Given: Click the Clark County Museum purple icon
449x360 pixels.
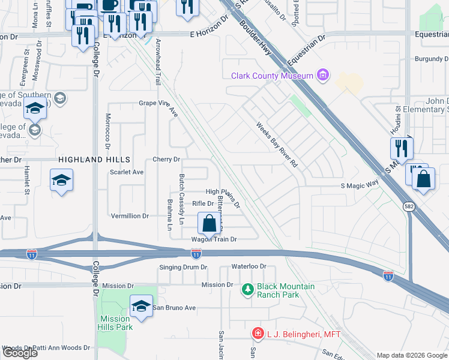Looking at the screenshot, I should pos(324,75).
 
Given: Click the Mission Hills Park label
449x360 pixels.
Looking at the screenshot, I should pos(115,323).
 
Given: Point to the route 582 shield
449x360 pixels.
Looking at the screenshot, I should pos(409,206).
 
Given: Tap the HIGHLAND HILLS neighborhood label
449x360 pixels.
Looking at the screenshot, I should pos(94,160).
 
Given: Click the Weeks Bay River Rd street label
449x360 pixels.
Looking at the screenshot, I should pos(277,145).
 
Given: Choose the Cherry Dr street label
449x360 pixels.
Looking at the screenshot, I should pos(166,160).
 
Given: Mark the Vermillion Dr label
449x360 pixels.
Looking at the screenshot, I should pos(130,216).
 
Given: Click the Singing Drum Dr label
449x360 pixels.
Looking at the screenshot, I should pos(183,267).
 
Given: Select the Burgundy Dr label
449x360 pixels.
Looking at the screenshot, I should pos(431,59).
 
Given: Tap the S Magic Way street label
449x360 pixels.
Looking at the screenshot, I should pos(360,187).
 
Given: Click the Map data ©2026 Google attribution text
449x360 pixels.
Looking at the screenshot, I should pos(411,355).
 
